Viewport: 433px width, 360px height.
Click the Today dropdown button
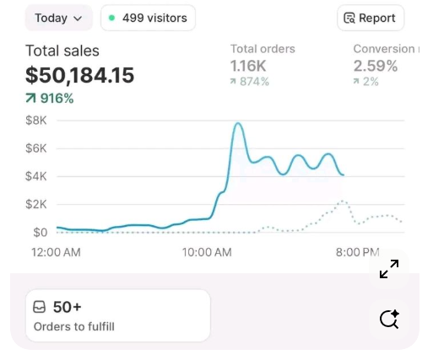[x=58, y=18]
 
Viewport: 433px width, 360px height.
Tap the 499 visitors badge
[x=148, y=18]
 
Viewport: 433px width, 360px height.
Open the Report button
[x=371, y=18]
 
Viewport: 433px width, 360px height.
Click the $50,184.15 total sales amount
[x=79, y=75]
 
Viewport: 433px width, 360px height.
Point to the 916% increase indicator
[x=50, y=99]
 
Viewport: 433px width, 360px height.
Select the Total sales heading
[x=62, y=51]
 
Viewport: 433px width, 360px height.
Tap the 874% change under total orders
[x=250, y=82]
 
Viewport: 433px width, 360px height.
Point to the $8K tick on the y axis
[x=35, y=121]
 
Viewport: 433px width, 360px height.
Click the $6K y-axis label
[x=35, y=148]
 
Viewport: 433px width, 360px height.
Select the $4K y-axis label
[x=35, y=176]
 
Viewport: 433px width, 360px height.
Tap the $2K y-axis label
[x=35, y=204]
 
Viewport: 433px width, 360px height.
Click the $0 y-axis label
[x=39, y=232]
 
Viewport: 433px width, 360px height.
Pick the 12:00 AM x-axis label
[x=56, y=252]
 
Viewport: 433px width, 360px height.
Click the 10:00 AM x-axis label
[x=207, y=252]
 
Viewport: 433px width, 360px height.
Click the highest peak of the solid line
[x=238, y=124]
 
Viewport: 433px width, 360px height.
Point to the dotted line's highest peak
[x=342, y=201]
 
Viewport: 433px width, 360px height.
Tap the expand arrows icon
[x=389, y=269]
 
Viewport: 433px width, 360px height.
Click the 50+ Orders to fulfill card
[x=117, y=315]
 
